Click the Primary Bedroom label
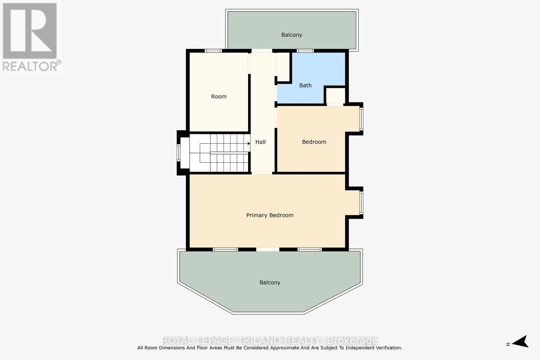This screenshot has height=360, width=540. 270,215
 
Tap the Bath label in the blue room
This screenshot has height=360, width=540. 305,85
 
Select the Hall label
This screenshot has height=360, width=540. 260,142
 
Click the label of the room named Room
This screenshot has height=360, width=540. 219,96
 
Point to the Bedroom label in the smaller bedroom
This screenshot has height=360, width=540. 314,142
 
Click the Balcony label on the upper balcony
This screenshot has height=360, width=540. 292,35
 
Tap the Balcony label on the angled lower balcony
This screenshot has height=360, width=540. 270,282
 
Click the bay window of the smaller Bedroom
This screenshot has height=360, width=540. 361,118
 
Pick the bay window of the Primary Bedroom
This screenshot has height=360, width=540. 361,203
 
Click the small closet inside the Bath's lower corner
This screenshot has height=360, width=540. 335,96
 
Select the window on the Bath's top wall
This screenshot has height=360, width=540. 305,51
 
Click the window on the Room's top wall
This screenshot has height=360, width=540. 213,51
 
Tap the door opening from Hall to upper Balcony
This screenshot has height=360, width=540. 262,51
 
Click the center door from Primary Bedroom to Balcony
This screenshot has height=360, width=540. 268,249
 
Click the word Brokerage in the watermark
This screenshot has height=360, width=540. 352,340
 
